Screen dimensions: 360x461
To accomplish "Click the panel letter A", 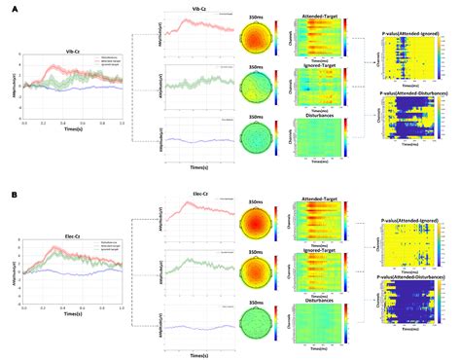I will pos(13,9).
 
